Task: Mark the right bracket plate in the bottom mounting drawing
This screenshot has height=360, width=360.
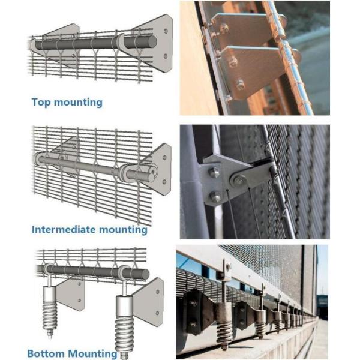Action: click(150, 300)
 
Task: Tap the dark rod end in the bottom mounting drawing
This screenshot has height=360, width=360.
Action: click(145, 274)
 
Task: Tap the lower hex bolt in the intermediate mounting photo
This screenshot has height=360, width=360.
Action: click(215, 197)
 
